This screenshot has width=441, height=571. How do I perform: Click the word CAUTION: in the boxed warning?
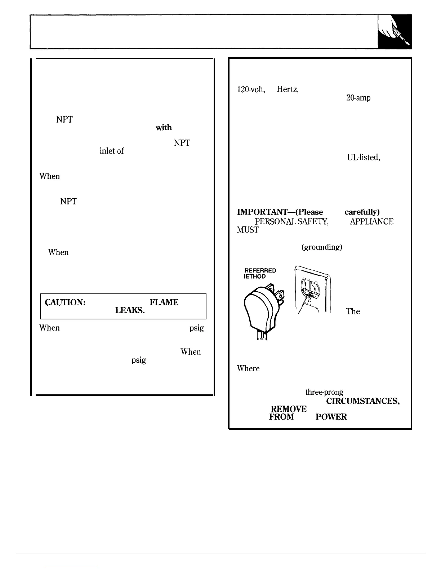point(65,302)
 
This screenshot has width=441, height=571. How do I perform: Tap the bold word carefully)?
point(362,212)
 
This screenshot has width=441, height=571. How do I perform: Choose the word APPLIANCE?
point(371,222)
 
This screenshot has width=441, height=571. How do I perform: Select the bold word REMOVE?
point(288,409)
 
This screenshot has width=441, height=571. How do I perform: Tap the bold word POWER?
point(331,417)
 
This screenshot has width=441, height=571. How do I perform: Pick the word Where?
point(248,368)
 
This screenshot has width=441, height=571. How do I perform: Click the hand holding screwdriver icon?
point(395,31)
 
